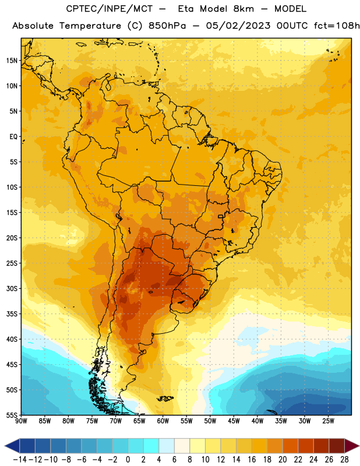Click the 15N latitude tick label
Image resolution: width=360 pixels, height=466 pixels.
[12, 61]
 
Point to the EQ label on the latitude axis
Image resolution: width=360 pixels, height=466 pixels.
[13, 137]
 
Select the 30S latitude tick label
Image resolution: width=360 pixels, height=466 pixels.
[12, 288]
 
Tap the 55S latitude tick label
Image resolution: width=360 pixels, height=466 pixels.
[12, 415]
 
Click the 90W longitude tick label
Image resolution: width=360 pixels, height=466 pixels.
[21, 421]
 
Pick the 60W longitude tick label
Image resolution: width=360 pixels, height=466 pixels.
[163, 421]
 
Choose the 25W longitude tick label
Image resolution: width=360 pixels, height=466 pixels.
[328, 421]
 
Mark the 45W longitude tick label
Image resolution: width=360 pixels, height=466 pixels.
[234, 421]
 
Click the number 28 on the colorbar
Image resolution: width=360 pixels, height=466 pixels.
[344, 460]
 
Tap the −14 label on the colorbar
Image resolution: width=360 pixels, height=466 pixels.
[20, 460]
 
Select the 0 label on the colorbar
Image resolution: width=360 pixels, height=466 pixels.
[128, 460]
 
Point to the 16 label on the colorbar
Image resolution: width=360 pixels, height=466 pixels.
[252, 460]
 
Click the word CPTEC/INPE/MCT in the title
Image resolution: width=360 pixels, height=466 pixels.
[109, 9]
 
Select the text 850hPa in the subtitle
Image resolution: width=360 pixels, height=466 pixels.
[167, 26]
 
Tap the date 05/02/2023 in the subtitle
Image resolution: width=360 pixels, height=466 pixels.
[238, 26]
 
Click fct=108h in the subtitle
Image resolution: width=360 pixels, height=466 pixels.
[337, 26]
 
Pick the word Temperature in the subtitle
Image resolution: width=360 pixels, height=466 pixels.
[90, 26]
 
